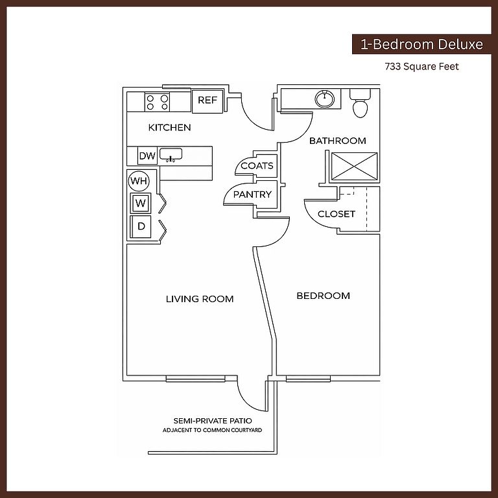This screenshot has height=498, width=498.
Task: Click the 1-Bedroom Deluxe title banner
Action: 421,45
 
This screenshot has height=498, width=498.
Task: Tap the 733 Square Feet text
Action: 421,66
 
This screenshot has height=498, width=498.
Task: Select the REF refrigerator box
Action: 207,101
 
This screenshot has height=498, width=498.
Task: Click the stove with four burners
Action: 158,102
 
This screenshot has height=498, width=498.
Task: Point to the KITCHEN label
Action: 169,127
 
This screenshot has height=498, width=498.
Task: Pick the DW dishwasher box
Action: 147,156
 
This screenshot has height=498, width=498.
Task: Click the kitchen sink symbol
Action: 171,155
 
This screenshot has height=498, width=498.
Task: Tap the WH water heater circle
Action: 139,180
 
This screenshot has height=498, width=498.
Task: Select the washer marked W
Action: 141,204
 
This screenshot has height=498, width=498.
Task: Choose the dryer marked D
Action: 141,227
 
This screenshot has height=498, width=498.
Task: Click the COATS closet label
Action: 257,166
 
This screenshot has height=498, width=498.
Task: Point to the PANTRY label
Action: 252,194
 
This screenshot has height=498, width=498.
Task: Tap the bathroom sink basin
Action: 326,99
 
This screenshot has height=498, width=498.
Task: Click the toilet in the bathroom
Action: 360,104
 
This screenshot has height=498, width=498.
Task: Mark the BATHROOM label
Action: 337,141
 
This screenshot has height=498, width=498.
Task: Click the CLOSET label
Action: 337,214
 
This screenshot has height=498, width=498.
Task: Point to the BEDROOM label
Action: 323,296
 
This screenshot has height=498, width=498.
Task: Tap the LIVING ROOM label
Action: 200,299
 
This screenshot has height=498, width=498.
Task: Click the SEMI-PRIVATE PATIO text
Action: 213,421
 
